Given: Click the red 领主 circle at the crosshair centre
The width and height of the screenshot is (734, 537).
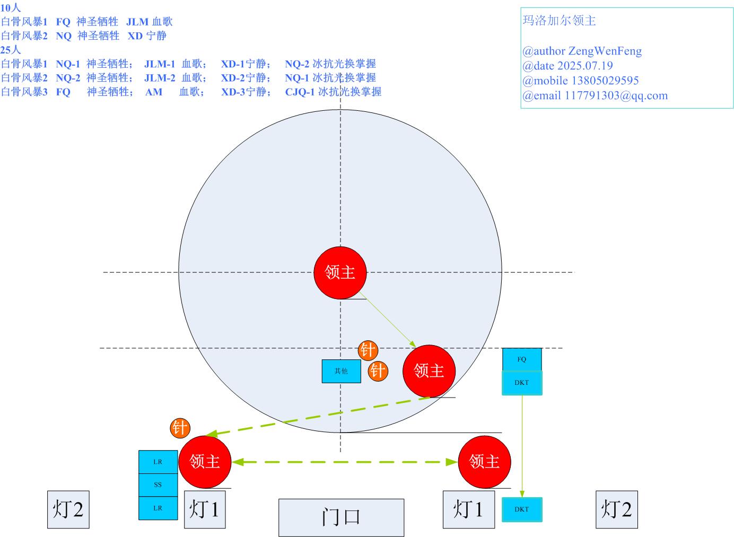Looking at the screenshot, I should pyautogui.click(x=340, y=272).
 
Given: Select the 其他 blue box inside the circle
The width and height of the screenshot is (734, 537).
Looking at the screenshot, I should pyautogui.click(x=341, y=371).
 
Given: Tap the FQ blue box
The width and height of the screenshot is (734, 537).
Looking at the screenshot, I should pyautogui.click(x=522, y=359).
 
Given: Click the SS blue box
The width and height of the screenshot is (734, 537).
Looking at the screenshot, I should pyautogui.click(x=158, y=485).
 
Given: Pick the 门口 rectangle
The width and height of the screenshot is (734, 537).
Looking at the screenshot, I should pyautogui.click(x=341, y=517).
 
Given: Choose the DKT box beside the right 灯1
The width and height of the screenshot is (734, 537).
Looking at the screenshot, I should pyautogui.click(x=522, y=509).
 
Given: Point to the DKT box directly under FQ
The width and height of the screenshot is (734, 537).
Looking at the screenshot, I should pyautogui.click(x=522, y=383).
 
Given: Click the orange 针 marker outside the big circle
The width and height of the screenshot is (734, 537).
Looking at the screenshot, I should pyautogui.click(x=180, y=428).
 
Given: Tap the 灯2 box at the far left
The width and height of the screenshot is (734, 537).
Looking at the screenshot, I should pyautogui.click(x=68, y=509).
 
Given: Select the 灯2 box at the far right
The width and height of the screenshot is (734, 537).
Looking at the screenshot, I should pyautogui.click(x=616, y=509).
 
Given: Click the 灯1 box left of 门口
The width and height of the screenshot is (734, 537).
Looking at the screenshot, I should pyautogui.click(x=204, y=509).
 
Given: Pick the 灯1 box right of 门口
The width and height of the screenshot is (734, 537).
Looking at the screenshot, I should pyautogui.click(x=468, y=509).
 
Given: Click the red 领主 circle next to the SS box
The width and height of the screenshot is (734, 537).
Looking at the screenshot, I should pyautogui.click(x=205, y=461).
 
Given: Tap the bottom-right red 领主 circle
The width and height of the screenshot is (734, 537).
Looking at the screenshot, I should pyautogui.click(x=484, y=461).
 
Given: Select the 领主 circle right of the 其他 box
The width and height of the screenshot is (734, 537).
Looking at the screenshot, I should pyautogui.click(x=429, y=371).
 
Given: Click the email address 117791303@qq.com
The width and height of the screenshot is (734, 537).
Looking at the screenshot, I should pyautogui.click(x=616, y=95).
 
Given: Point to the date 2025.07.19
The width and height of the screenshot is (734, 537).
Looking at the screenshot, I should pyautogui.click(x=584, y=66).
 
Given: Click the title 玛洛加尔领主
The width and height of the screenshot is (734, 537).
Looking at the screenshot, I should pyautogui.click(x=559, y=21).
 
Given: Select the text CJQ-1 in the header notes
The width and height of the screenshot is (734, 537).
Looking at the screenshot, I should pyautogui.click(x=300, y=92).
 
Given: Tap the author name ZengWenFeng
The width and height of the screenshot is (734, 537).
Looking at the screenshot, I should pyautogui.click(x=605, y=51).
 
